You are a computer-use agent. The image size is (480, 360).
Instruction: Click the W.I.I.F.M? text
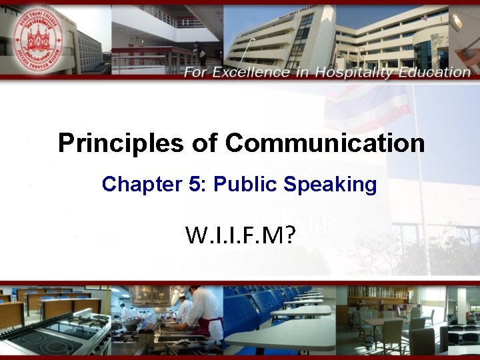pyautogui.click(x=241, y=235)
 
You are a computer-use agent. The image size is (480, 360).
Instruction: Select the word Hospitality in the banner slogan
pyautogui.click(x=357, y=72)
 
